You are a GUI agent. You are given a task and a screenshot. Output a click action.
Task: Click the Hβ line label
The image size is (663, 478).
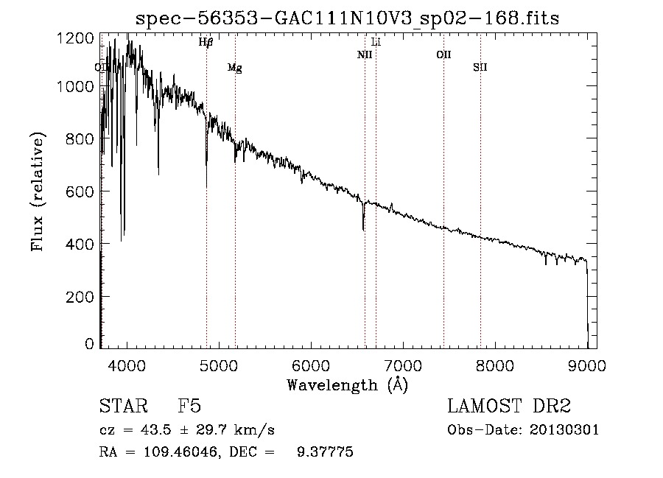(x=206, y=43)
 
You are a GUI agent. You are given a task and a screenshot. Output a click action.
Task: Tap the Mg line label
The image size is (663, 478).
(x=234, y=68)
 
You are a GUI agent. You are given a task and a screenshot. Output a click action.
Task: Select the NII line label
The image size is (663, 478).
(x=365, y=55)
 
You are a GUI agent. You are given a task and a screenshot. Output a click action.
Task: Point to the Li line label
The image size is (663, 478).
(x=376, y=42)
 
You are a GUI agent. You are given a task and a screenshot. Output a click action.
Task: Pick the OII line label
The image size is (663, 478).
(x=443, y=55)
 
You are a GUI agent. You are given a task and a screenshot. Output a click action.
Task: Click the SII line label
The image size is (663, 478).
(x=480, y=68)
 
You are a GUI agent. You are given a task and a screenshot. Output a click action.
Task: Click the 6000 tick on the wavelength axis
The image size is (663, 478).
(x=311, y=365)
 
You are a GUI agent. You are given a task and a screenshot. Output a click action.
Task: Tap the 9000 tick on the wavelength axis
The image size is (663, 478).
(x=587, y=365)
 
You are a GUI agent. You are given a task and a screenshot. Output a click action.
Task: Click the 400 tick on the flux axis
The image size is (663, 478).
(x=81, y=244)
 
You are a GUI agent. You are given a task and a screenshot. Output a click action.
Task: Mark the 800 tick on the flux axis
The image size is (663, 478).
(x=81, y=139)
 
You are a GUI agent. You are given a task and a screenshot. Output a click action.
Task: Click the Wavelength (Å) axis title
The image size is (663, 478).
(x=347, y=384)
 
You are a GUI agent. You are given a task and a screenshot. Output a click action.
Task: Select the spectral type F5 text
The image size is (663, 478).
(x=189, y=407)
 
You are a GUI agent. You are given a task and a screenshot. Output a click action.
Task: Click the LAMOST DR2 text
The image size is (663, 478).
(x=509, y=407)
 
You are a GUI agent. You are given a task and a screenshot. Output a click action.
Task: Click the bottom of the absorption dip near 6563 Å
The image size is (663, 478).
(x=363, y=229)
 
